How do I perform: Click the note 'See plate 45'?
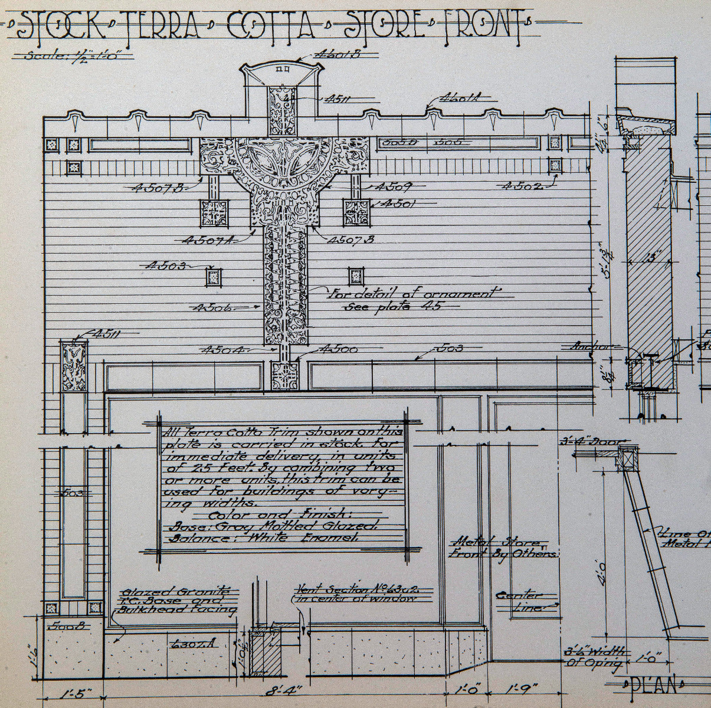click(x=392, y=305)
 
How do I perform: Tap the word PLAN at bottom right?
click(x=652, y=686)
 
